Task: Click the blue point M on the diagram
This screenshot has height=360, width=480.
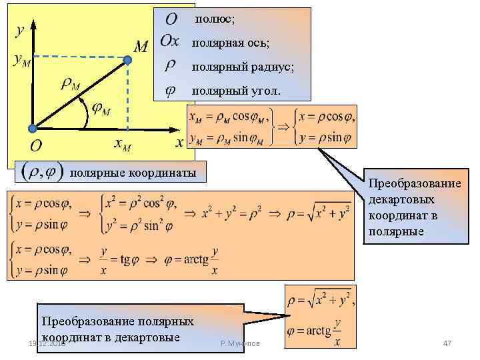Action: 128,59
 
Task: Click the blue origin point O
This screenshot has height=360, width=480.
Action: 31,129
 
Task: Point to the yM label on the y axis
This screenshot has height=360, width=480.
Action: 21,60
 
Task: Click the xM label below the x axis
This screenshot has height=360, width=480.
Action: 123,144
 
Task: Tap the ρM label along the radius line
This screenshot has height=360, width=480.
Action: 70,84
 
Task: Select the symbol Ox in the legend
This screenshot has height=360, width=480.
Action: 170,42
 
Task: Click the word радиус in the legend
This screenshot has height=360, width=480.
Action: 273,67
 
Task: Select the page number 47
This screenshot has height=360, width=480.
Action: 447,343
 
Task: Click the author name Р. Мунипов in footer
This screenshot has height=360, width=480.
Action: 241,343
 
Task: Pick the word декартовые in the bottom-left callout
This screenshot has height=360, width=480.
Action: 147,336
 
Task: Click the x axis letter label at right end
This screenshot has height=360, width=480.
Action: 179,142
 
